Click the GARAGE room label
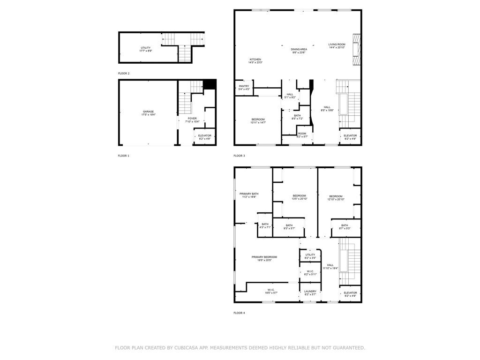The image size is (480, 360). tap(148, 112)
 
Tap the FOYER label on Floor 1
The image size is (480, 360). tap(192, 119)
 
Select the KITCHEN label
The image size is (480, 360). tap(255, 60)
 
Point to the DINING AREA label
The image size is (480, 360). tap(299, 49)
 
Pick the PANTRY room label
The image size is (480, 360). tap(244, 86)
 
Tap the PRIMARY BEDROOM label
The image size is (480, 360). tap(264, 257)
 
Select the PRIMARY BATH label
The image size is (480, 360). tap(249, 194)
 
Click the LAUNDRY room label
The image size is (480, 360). tap(310, 291)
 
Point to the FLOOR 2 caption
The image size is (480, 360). tap(124, 74)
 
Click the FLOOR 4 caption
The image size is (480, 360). tap(239, 313)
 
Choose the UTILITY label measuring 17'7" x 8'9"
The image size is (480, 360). tap(145, 48)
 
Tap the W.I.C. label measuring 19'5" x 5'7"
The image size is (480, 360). tap(271, 290)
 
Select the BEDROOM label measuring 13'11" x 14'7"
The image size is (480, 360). tap(258, 120)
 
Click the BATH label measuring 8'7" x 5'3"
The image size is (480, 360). tap(345, 225)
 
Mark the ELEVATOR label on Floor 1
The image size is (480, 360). tap(204, 135)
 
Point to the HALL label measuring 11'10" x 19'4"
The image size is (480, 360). tap(330, 265)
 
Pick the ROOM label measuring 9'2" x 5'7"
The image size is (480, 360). tap(302, 134)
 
